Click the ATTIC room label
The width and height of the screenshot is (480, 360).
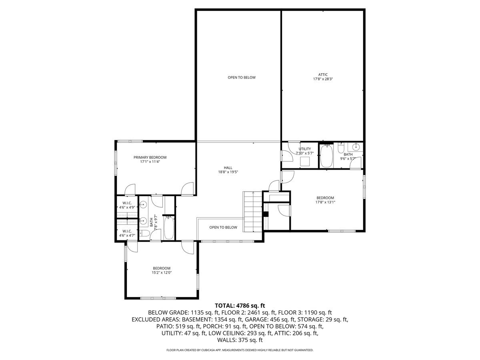pyautogui.click(x=323, y=74)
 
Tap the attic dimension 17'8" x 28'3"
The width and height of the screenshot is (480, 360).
pyautogui.click(x=323, y=79)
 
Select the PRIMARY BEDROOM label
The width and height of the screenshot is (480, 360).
pyautogui.click(x=150, y=157)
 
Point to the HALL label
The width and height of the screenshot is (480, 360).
pyautogui.click(x=228, y=168)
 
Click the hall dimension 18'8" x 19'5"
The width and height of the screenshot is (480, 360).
pyautogui.click(x=228, y=172)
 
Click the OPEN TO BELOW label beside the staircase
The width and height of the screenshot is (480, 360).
pyautogui.click(x=223, y=227)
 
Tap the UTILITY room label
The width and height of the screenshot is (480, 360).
pyautogui.click(x=304, y=149)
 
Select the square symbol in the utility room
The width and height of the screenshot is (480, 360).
pyautogui.click(x=305, y=161)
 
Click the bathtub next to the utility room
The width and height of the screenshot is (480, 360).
pyautogui.click(x=327, y=156)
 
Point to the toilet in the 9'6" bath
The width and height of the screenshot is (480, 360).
pyautogui.click(x=341, y=149)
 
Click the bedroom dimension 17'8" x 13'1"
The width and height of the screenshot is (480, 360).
pyautogui.click(x=325, y=202)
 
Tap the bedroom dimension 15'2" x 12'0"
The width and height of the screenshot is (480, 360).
pyautogui.click(x=162, y=272)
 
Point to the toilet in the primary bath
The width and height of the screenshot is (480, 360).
pyautogui.click(x=144, y=233)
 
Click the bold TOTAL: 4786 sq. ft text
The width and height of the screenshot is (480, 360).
pyautogui.click(x=240, y=305)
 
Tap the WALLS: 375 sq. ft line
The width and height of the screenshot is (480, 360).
pyautogui.click(x=240, y=340)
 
